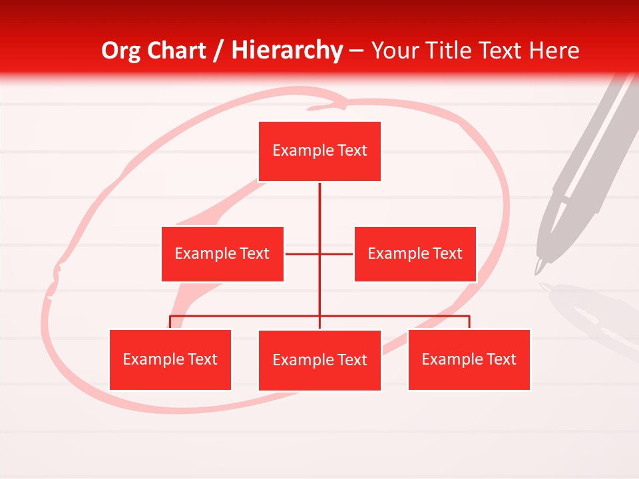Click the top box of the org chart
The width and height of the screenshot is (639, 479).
pyautogui.click(x=319, y=151)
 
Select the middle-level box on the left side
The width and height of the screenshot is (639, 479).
pyautogui.click(x=222, y=254)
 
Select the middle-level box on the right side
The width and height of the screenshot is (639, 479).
pyautogui.click(x=415, y=254)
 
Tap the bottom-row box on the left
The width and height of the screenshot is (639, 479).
pyautogui.click(x=170, y=360)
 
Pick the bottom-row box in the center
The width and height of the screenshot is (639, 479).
pyautogui.click(x=319, y=361)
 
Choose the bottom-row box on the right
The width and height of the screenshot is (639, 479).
pyautogui.click(x=469, y=360)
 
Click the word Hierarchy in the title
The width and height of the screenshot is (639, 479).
pyautogui.click(x=286, y=51)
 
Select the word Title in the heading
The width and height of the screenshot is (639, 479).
pyautogui.click(x=455, y=51)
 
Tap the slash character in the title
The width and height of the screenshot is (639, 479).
pyautogui.click(x=219, y=51)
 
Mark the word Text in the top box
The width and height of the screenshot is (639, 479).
pyautogui.click(x=352, y=151)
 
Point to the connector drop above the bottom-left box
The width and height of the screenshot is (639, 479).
pyautogui.click(x=170, y=322)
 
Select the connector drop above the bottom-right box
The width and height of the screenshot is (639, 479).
pyautogui.click(x=469, y=322)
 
